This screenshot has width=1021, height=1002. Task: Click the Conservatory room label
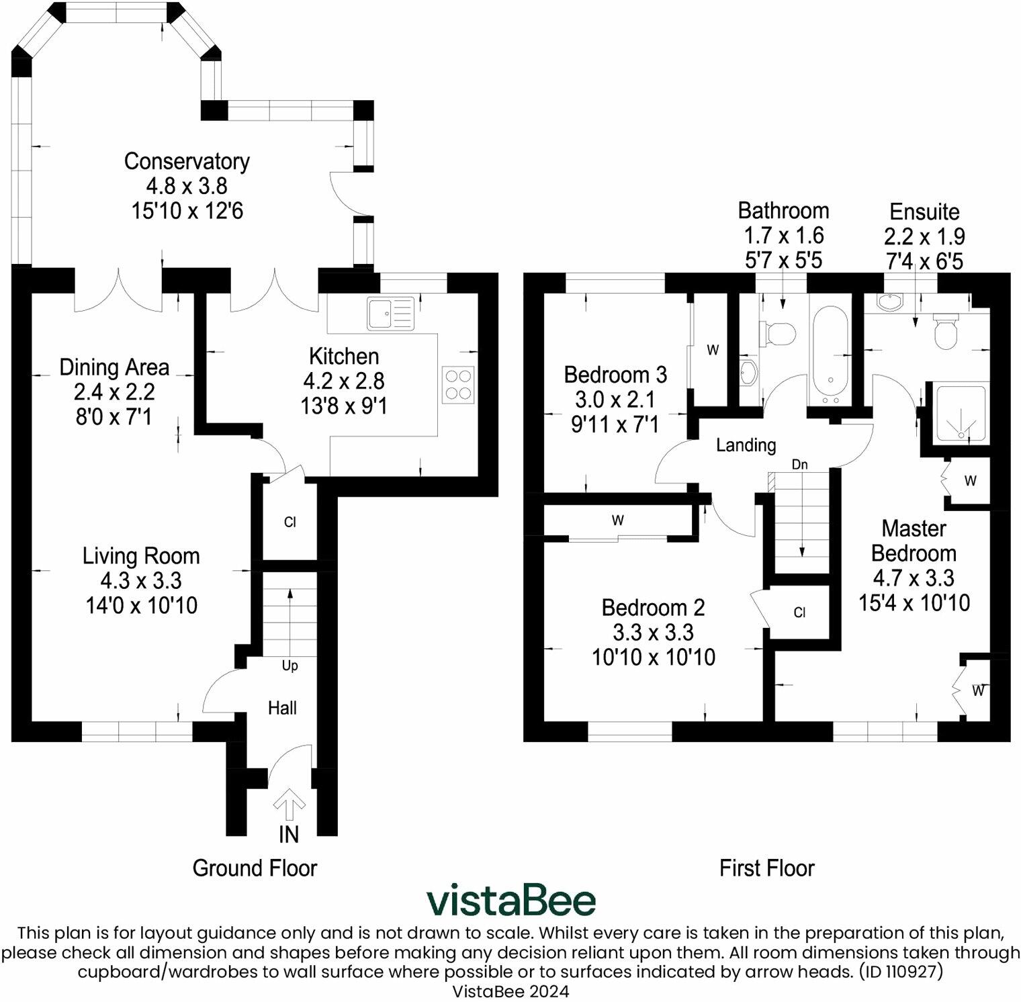[x=187, y=162]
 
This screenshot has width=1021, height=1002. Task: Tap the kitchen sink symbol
[x=390, y=314]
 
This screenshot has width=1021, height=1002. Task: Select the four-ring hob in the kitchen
[x=458, y=385]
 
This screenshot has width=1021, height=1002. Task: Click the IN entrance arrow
[x=290, y=805]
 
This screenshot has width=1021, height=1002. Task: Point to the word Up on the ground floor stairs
[x=290, y=666]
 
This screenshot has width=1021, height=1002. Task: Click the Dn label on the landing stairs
[x=799, y=465]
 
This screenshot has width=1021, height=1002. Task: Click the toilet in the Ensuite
[x=946, y=332]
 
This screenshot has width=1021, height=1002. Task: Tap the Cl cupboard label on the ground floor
[x=290, y=522]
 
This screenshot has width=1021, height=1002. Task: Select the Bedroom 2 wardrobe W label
[x=618, y=520]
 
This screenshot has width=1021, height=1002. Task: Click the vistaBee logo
[x=510, y=901]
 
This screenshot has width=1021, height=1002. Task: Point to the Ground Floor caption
[x=255, y=868]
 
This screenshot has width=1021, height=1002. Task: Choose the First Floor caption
[x=766, y=868]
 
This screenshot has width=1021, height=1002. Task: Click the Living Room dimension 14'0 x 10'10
[x=142, y=606]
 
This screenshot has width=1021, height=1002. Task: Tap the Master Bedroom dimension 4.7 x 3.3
[x=914, y=578]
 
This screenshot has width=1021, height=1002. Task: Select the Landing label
[x=746, y=445]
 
